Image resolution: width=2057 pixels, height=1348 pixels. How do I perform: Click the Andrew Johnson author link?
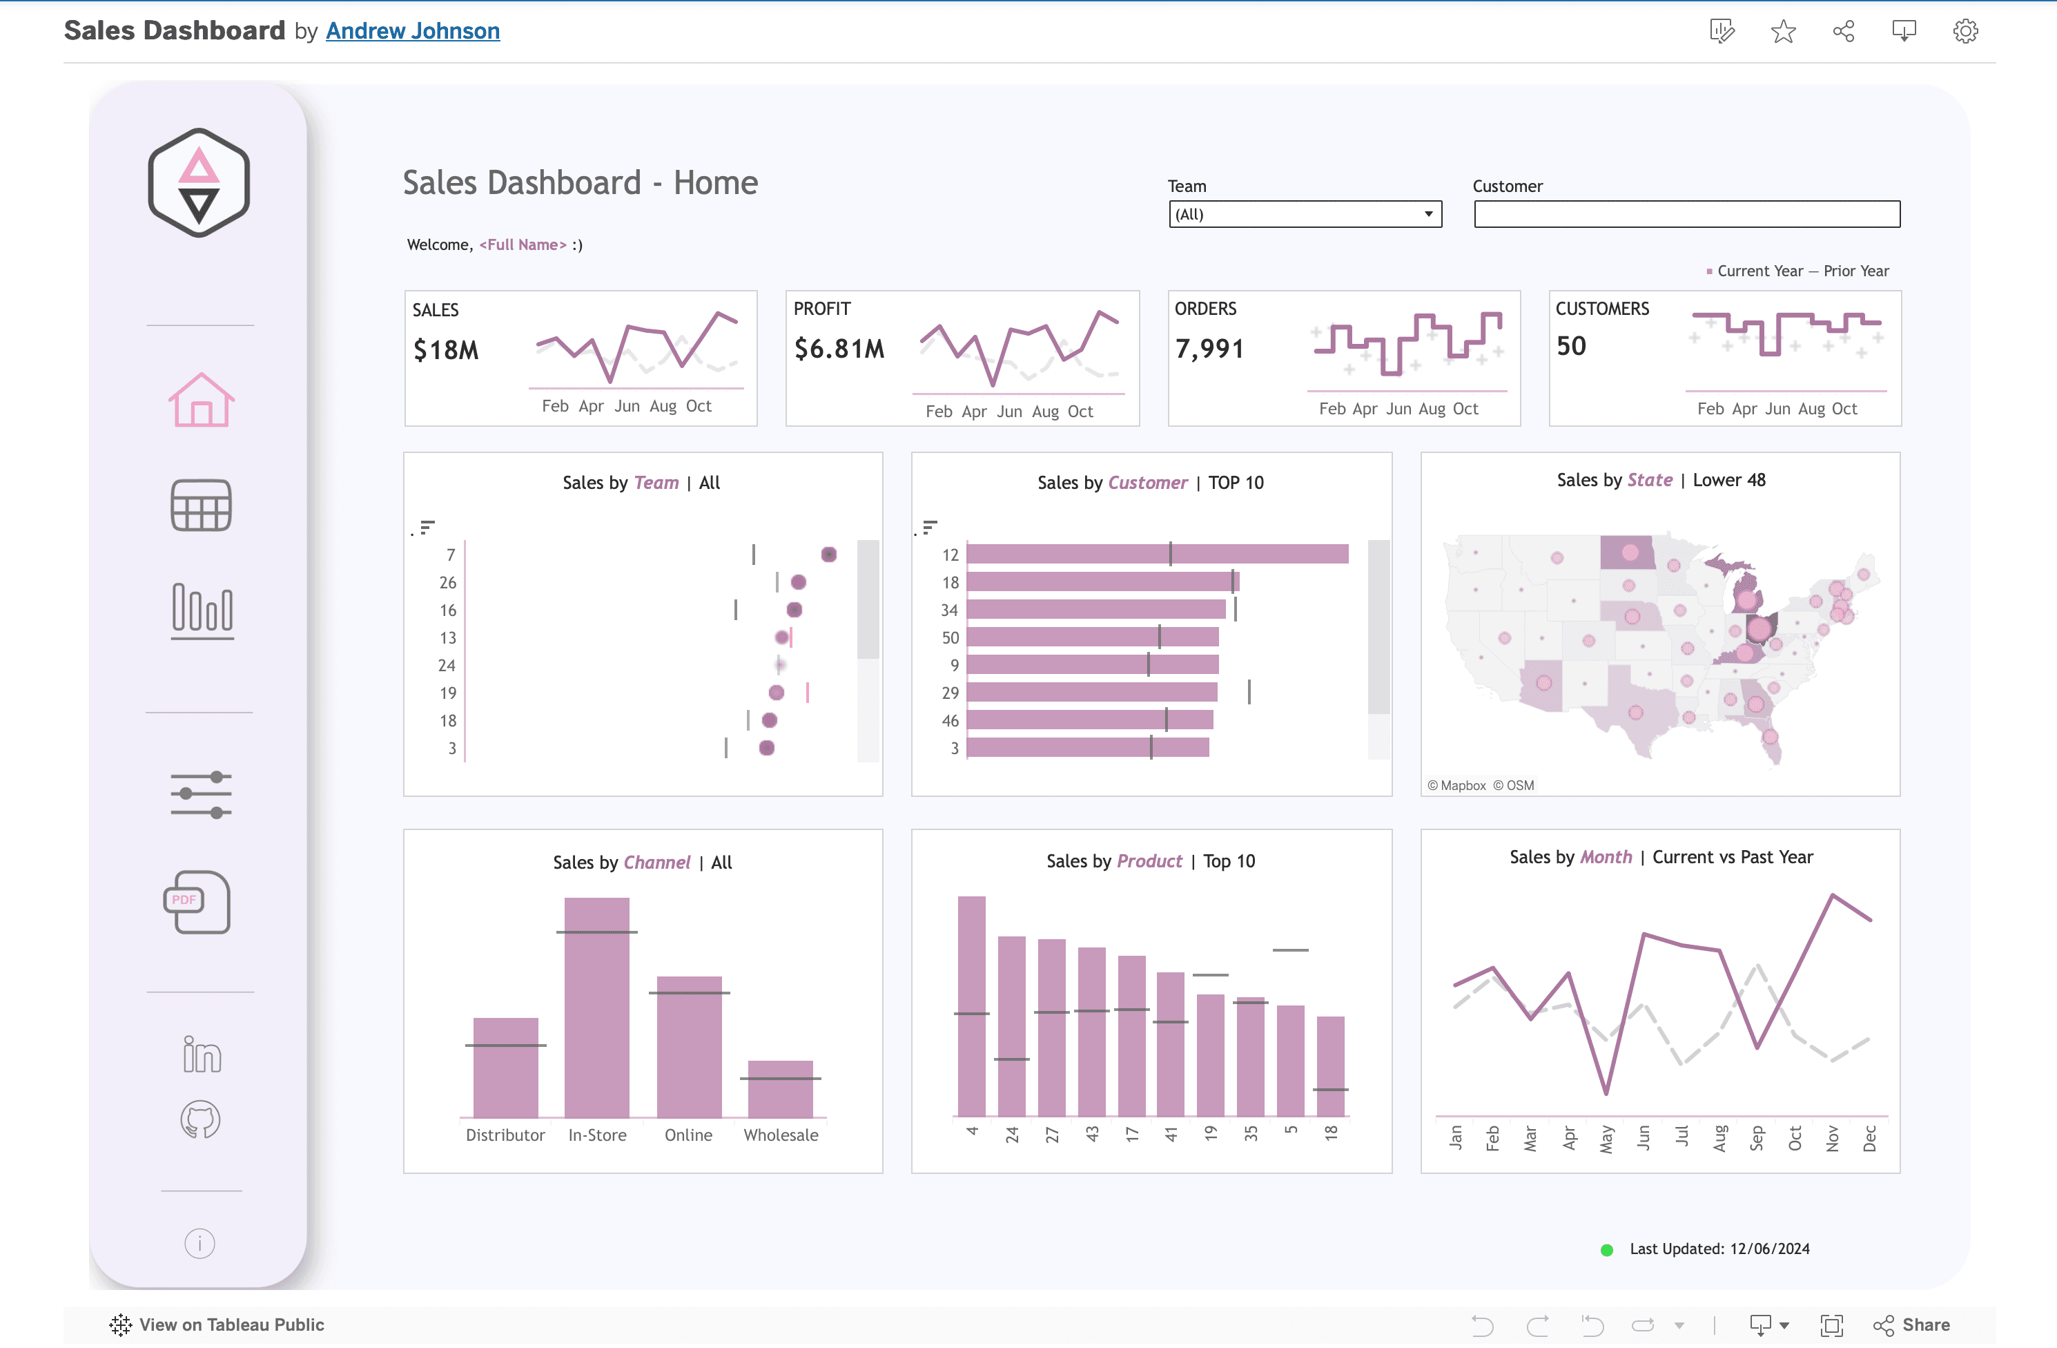click(x=412, y=31)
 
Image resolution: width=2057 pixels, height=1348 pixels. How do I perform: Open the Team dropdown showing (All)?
click(x=1304, y=215)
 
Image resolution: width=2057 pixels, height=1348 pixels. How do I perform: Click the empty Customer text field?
click(x=1686, y=215)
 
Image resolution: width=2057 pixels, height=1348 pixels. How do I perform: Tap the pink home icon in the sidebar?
click(x=200, y=401)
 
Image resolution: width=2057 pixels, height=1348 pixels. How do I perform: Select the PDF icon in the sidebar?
click(x=197, y=902)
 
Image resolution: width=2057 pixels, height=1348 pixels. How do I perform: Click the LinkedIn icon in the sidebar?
click(x=202, y=1054)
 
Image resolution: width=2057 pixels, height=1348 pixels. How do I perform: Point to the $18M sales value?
click(x=446, y=350)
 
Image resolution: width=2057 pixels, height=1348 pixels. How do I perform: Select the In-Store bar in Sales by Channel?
click(x=596, y=1008)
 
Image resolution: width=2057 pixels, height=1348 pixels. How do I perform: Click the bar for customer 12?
click(x=1156, y=555)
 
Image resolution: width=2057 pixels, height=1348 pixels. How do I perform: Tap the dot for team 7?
click(x=829, y=555)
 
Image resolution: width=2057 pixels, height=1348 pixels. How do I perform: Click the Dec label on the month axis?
click(x=1869, y=1138)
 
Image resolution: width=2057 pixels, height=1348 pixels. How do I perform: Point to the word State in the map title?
click(x=1649, y=480)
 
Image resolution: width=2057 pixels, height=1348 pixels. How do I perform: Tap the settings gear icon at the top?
click(x=1965, y=32)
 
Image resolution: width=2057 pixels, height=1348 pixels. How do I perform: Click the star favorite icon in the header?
click(x=1783, y=32)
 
